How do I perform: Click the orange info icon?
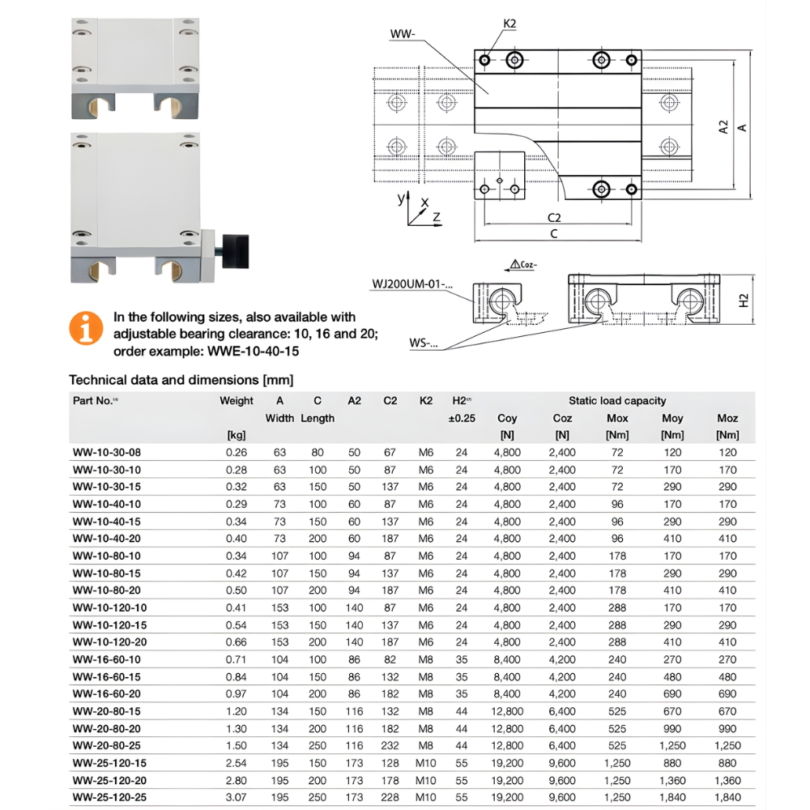86,328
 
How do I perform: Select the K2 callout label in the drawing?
509,24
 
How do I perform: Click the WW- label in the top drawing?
402,34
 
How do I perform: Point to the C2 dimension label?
554,217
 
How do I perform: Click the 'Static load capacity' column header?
617,400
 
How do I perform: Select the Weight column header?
237,400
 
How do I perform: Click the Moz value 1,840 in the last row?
727,797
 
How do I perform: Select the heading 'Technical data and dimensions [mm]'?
181,379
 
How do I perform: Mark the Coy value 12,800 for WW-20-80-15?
507,710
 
